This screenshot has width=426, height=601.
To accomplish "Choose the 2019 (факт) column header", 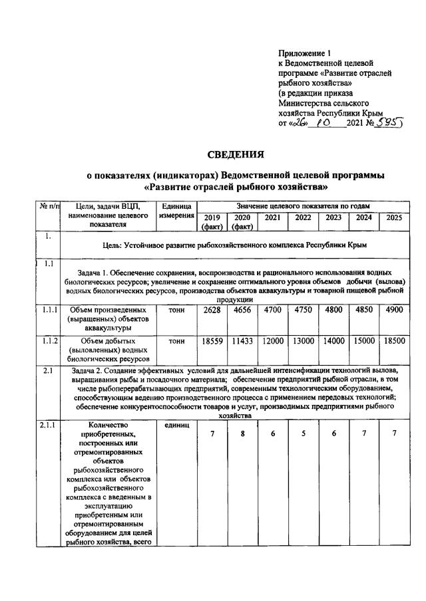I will [x=212, y=221].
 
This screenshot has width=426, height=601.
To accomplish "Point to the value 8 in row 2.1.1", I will [x=242, y=434].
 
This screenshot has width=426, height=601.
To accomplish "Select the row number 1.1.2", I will [x=48, y=340].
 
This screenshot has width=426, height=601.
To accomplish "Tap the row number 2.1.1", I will [x=48, y=423].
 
